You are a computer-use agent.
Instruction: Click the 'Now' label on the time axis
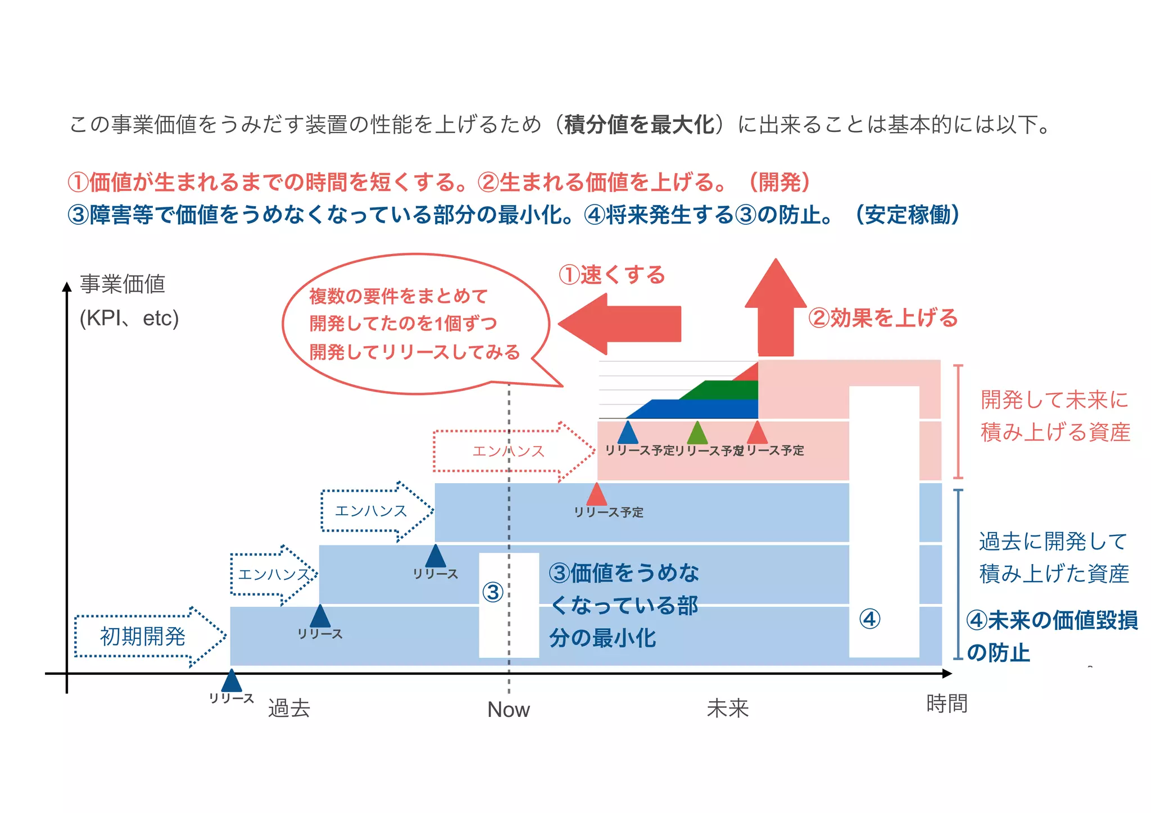[508, 710]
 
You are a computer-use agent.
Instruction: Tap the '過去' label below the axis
[289, 708]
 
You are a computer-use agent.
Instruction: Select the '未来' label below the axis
[727, 708]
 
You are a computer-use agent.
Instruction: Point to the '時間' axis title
[946, 703]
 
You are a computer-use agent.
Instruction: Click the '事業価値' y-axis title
[123, 284]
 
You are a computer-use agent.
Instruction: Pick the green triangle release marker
[697, 434]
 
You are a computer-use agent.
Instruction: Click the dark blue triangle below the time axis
[232, 681]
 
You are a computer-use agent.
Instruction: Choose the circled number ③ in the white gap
[493, 592]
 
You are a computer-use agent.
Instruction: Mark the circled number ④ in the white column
[869, 619]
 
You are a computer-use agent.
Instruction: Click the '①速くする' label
[611, 275]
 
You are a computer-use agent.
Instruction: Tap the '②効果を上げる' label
[882, 318]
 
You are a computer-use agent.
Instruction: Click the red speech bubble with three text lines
[415, 324]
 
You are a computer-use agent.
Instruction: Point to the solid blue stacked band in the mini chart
[703, 409]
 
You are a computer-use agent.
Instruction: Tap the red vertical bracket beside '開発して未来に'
[958, 421]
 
